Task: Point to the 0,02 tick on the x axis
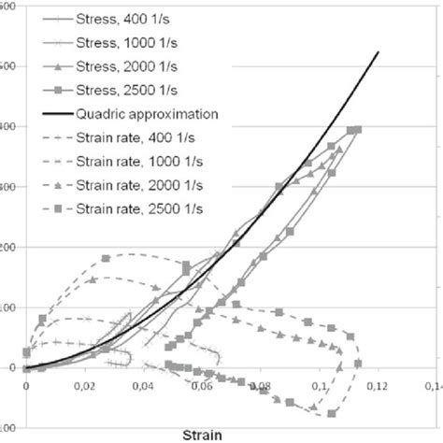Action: (85, 383)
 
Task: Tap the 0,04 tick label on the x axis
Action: (143, 383)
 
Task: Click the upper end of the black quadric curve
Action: (378, 51)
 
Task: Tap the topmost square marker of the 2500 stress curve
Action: (358, 129)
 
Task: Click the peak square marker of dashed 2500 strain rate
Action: (107, 258)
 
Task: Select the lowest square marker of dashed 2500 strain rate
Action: (332, 412)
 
